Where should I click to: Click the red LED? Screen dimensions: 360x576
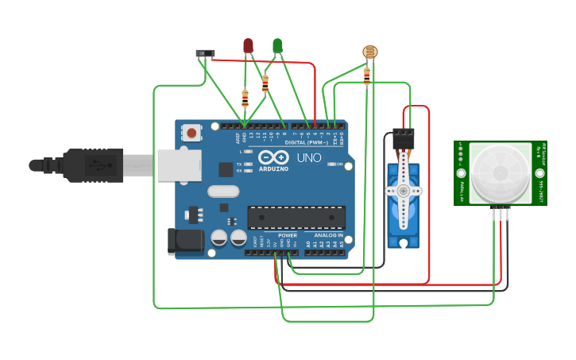pyautogui.click(x=248, y=46)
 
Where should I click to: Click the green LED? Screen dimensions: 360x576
pyautogui.click(x=277, y=46)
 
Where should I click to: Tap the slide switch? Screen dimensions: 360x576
pyautogui.click(x=205, y=54)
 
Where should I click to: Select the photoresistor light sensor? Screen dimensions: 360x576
pyautogui.click(x=369, y=52)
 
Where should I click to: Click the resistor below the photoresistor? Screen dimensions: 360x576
pyautogui.click(x=366, y=76)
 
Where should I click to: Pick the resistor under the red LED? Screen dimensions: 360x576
pyautogui.click(x=245, y=98)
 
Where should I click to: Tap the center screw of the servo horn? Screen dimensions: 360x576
pyautogui.click(x=404, y=191)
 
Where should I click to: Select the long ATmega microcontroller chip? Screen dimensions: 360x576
pyautogui.click(x=296, y=217)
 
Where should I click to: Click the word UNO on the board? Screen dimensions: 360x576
pyautogui.click(x=309, y=158)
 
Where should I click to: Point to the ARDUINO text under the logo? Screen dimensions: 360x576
pyautogui.click(x=273, y=169)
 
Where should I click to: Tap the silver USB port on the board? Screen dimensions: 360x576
pyautogui.click(x=171, y=165)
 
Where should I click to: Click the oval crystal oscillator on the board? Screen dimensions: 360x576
pyautogui.click(x=223, y=191)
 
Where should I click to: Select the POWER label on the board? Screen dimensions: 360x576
pyautogui.click(x=288, y=235)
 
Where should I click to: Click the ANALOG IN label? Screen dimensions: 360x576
pyautogui.click(x=328, y=235)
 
